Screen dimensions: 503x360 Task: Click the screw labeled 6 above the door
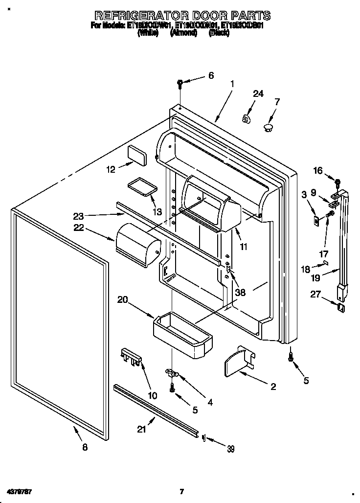pos(180,83)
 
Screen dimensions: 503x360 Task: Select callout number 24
pos(258,94)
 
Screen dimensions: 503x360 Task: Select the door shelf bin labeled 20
pos(183,333)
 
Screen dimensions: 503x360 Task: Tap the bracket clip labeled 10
pos(131,356)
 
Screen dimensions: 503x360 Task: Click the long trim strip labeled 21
pos(156,409)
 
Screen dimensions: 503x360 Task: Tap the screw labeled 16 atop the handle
pos(337,183)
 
